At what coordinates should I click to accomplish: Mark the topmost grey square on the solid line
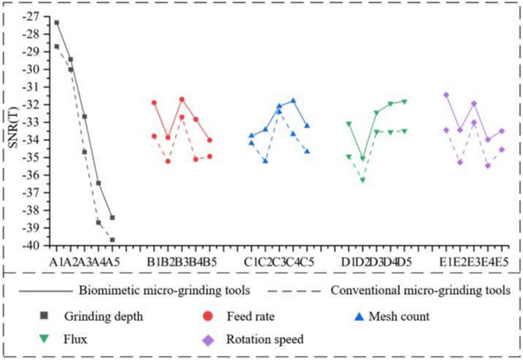click(x=57, y=22)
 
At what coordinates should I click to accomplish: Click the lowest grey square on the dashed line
click(x=112, y=240)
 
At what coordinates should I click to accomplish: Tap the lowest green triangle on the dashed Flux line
click(x=363, y=180)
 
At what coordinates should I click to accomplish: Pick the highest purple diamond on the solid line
click(x=446, y=95)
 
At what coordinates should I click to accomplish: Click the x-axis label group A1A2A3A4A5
click(x=84, y=262)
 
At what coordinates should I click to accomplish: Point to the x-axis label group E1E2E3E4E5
click(x=474, y=262)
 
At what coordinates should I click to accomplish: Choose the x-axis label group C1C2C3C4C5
click(x=279, y=262)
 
